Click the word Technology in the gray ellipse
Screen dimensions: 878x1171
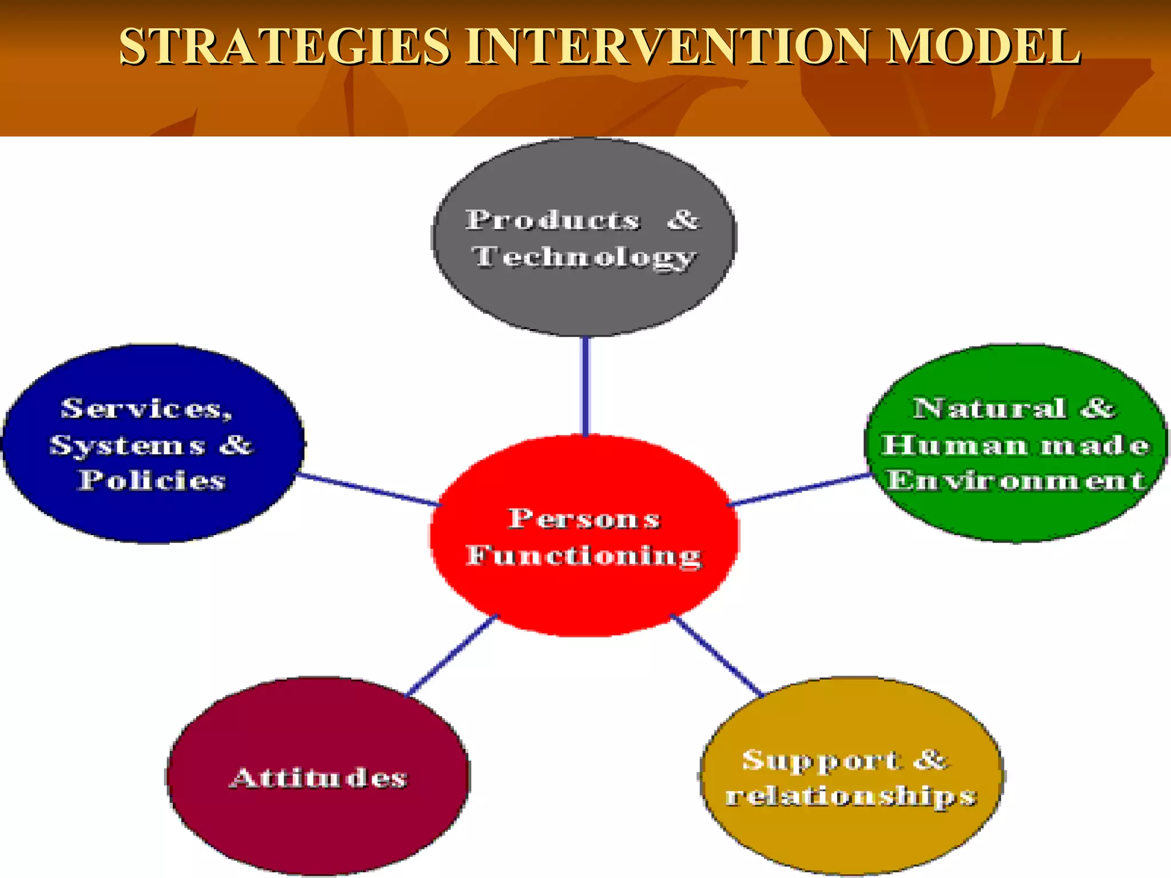pos(584,257)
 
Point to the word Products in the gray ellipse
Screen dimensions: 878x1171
pos(552,220)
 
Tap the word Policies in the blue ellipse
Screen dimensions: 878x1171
pos(152,480)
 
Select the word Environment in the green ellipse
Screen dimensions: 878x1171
pos(1015,480)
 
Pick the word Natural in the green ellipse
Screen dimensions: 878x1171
pos(989,408)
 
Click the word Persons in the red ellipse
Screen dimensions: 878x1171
pos(584,519)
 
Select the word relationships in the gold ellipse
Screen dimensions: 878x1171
pos(851,796)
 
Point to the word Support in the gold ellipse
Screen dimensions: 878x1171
pos(822,761)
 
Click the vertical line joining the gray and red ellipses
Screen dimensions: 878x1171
pos(585,386)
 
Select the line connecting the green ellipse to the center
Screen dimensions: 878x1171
pos(799,490)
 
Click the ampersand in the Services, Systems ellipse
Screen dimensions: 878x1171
pos(236,445)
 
